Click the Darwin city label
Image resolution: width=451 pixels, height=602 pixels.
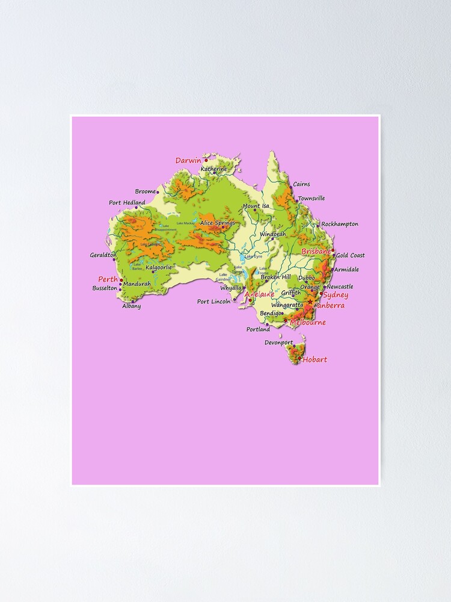pyautogui.click(x=188, y=161)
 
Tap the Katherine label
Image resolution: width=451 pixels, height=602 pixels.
pyautogui.click(x=214, y=169)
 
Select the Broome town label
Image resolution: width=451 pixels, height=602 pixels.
pyautogui.click(x=145, y=191)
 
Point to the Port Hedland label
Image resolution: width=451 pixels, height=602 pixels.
pyautogui.click(x=127, y=203)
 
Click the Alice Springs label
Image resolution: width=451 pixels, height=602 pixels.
pyautogui.click(x=218, y=223)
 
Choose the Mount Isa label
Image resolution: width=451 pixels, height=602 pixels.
pyautogui.click(x=256, y=206)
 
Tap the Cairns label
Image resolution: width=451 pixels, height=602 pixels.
pyautogui.click(x=301, y=184)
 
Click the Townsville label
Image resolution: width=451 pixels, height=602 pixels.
pyautogui.click(x=311, y=198)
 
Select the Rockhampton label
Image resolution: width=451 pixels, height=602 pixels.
pyautogui.click(x=340, y=224)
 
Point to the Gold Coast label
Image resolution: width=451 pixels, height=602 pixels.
pyautogui.click(x=350, y=255)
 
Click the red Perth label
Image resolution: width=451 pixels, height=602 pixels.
pyautogui.click(x=108, y=279)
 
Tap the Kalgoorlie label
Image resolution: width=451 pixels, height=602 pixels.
pyautogui.click(x=159, y=267)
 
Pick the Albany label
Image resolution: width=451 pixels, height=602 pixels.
pyautogui.click(x=132, y=306)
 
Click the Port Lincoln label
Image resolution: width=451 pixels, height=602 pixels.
pyautogui.click(x=213, y=302)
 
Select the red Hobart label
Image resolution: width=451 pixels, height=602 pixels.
pyautogui.click(x=315, y=359)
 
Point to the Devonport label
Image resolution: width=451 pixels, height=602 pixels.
pyautogui.click(x=278, y=343)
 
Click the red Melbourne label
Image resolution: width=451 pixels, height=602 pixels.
pyautogui.click(x=308, y=323)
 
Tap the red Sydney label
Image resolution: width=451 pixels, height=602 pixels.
pyautogui.click(x=336, y=295)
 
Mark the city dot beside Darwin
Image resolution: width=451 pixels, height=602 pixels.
pyautogui.click(x=206, y=160)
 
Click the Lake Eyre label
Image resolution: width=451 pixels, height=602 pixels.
pyautogui.click(x=253, y=256)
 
